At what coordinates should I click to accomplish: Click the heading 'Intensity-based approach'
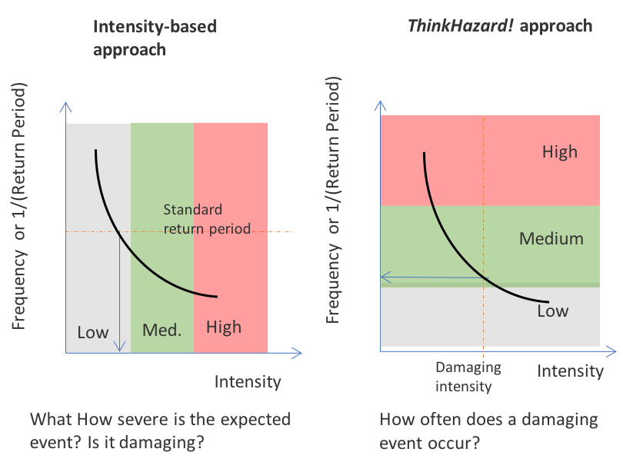point(154,38)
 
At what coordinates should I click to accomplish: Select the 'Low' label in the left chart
point(93,333)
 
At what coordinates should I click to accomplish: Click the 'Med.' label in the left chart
point(162,331)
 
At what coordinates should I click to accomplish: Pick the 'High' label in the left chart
point(224,327)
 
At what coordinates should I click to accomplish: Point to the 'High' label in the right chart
point(559,151)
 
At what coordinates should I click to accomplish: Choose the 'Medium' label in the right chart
point(551,238)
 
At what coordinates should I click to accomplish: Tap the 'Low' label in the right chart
point(552,311)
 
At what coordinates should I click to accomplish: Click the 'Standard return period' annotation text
point(202,219)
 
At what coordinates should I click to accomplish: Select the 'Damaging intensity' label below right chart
point(464,377)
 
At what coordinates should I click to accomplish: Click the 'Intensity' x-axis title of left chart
point(247,381)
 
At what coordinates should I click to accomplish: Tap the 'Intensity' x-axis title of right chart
point(570,372)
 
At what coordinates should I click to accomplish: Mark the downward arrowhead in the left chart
point(119,347)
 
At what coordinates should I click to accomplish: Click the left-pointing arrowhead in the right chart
point(385,277)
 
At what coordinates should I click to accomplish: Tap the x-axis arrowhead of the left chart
point(297,354)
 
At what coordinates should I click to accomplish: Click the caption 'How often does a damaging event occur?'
point(488,431)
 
